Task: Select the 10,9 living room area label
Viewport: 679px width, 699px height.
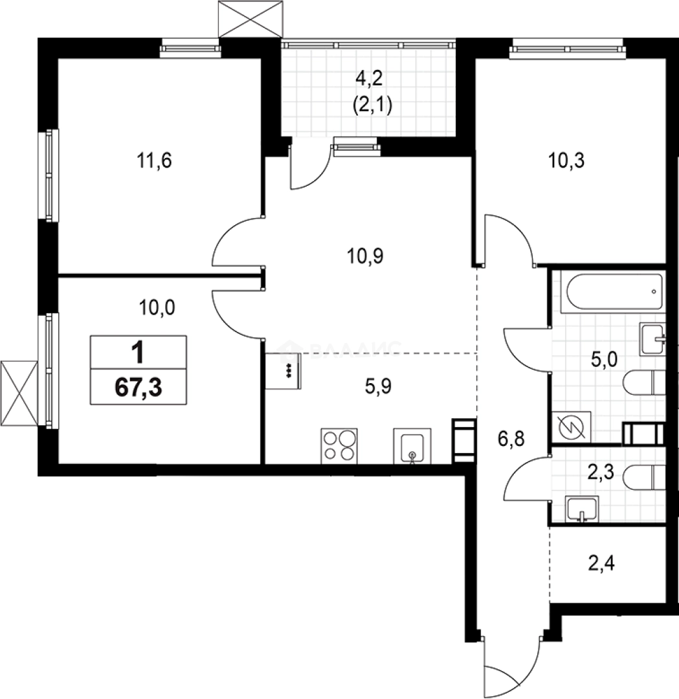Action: pyautogui.click(x=366, y=257)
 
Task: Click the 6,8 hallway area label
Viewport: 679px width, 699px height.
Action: pyautogui.click(x=511, y=441)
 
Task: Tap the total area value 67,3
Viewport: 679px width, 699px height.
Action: pyautogui.click(x=139, y=388)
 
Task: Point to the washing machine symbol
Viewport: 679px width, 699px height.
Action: pyautogui.click(x=572, y=428)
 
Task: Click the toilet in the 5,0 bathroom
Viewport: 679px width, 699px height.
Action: pyautogui.click(x=645, y=384)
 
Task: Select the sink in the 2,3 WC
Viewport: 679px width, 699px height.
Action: pyautogui.click(x=583, y=509)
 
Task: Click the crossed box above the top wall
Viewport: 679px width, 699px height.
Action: pyautogui.click(x=250, y=19)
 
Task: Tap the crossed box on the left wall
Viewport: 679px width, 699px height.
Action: pyautogui.click(x=17, y=394)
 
